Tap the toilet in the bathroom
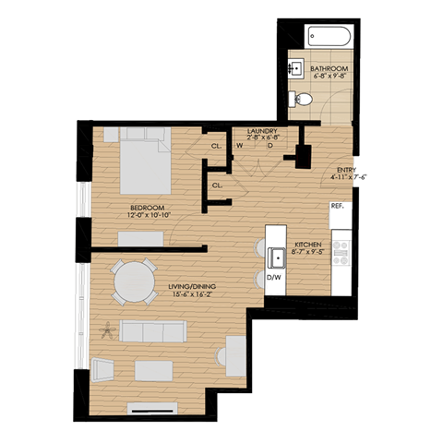(302, 100)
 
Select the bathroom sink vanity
(296, 68)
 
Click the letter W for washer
(240, 144)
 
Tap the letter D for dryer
(269, 144)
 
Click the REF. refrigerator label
(338, 207)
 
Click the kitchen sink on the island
(276, 255)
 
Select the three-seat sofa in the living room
(158, 332)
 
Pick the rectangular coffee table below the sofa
(154, 371)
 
